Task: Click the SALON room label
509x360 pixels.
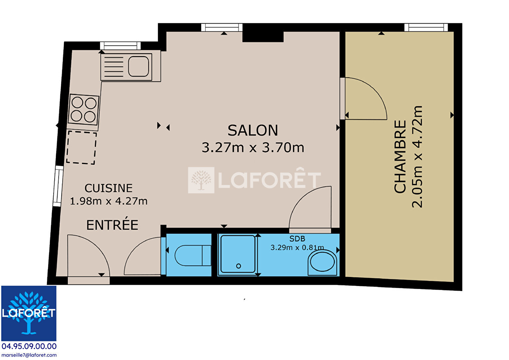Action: pyautogui.click(x=253, y=131)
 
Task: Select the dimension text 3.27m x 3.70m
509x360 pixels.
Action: pyautogui.click(x=253, y=147)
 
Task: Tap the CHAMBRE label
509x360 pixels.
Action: pyautogui.click(x=400, y=157)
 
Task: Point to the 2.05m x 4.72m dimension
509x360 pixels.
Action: pyautogui.click(x=417, y=157)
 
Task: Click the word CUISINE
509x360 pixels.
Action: pyautogui.click(x=108, y=188)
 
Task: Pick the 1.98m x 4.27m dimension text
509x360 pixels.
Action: pyautogui.click(x=109, y=201)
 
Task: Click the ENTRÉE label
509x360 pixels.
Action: pyautogui.click(x=112, y=225)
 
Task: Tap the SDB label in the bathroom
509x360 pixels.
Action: pyautogui.click(x=297, y=239)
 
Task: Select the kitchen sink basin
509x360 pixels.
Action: pyautogui.click(x=139, y=66)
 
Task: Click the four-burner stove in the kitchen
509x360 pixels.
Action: pyautogui.click(x=84, y=110)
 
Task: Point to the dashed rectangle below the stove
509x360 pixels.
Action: pyautogui.click(x=81, y=147)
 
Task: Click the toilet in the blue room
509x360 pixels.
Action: pyautogui.click(x=193, y=255)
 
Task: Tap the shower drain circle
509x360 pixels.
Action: pyautogui.click(x=239, y=266)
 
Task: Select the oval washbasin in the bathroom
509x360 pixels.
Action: pyautogui.click(x=322, y=263)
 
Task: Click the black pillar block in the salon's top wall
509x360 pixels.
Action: pyautogui.click(x=263, y=36)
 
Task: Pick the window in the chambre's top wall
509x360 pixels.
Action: pyautogui.click(x=426, y=28)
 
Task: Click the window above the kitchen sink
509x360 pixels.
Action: pyautogui.click(x=121, y=46)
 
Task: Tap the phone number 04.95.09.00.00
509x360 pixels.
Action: pyautogui.click(x=29, y=346)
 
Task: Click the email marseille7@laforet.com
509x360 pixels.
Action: pyautogui.click(x=29, y=355)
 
